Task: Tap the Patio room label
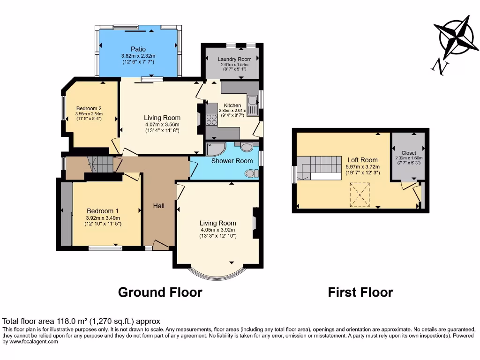[138, 49]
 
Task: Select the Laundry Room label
[234, 59]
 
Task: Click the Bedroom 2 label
[89, 108]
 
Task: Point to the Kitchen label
[232, 105]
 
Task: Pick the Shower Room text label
[232, 161]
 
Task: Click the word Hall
[159, 206]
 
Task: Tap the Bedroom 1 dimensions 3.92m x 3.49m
[103, 218]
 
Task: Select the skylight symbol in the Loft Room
[360, 195]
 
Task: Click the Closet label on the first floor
[409, 153]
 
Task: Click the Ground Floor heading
[160, 292]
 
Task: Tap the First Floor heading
[360, 292]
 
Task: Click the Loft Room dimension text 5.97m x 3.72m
[362, 166]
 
